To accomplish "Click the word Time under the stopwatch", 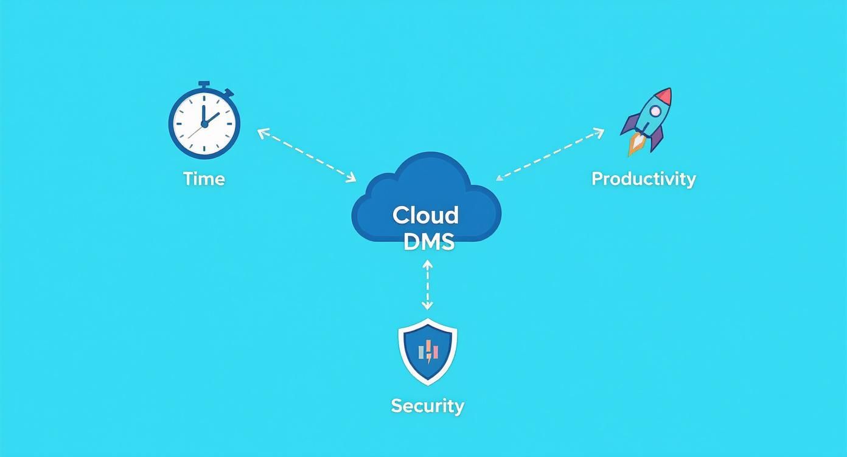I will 204,179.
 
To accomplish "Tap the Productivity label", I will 643,179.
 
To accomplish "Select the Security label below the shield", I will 427,405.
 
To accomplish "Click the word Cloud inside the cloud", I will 425,215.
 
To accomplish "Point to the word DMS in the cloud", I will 428,241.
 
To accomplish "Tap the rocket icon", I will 647,120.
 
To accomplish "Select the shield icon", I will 427,351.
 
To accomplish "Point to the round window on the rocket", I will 655,111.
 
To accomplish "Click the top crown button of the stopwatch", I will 204,84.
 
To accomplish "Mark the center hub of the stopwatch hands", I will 204,124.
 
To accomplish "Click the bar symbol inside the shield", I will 428,351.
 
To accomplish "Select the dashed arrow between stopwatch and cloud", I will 307,155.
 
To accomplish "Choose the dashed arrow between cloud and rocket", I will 550,154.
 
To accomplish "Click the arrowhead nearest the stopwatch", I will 261,132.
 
